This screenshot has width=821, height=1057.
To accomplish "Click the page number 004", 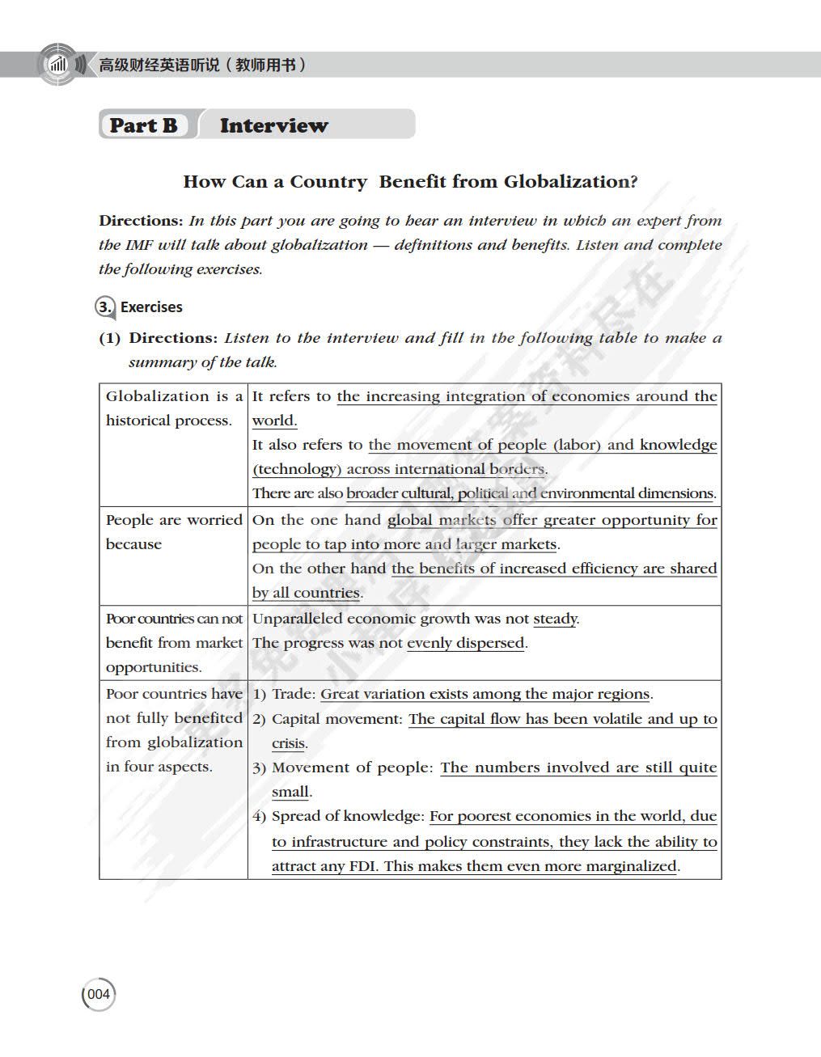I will (99, 994).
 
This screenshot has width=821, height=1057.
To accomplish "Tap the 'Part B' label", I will (143, 125).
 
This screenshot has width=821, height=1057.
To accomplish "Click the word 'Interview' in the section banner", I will (273, 125).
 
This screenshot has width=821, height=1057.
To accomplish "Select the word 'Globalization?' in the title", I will (570, 182).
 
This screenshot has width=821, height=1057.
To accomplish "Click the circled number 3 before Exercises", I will (104, 307).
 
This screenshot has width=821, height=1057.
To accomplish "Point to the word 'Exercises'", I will (151, 307).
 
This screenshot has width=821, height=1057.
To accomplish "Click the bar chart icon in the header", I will (58, 65).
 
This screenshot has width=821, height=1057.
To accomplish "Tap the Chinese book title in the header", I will (202, 65).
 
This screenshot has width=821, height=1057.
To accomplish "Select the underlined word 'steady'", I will (555, 619).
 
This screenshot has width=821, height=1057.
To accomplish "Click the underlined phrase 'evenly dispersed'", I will (466, 643).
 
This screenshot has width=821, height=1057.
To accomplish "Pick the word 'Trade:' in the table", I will (294, 694).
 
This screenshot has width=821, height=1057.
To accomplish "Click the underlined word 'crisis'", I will (288, 743).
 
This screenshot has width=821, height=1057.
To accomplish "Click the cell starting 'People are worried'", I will (173, 531).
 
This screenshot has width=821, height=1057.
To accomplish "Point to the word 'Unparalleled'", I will (297, 619).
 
